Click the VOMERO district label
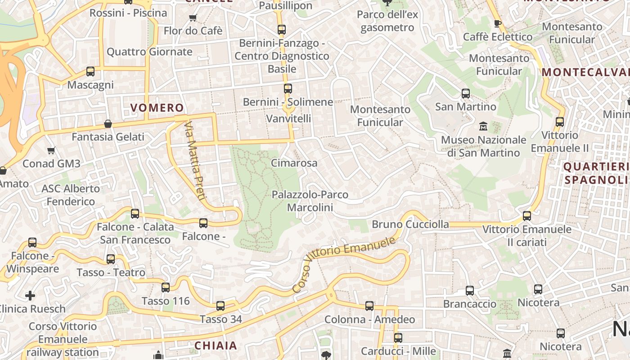(x=157, y=108)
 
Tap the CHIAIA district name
(x=216, y=346)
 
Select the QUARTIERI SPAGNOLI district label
(x=596, y=173)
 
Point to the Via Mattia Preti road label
(x=195, y=161)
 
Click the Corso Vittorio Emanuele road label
(x=344, y=264)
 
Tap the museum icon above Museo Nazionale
(x=483, y=126)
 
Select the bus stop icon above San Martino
(x=466, y=94)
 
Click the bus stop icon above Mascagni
(x=90, y=72)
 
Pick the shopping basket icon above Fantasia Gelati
(x=108, y=124)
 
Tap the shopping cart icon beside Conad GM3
(x=51, y=150)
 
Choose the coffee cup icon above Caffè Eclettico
(x=497, y=23)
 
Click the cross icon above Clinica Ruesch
(x=30, y=296)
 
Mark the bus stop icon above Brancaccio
(x=470, y=291)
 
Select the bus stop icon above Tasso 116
(x=166, y=288)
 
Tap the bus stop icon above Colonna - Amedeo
(x=369, y=306)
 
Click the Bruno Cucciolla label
(x=410, y=224)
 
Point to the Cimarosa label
(x=294, y=163)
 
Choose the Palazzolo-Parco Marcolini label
(x=310, y=201)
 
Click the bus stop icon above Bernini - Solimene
(x=288, y=89)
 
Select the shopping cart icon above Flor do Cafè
(x=193, y=18)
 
